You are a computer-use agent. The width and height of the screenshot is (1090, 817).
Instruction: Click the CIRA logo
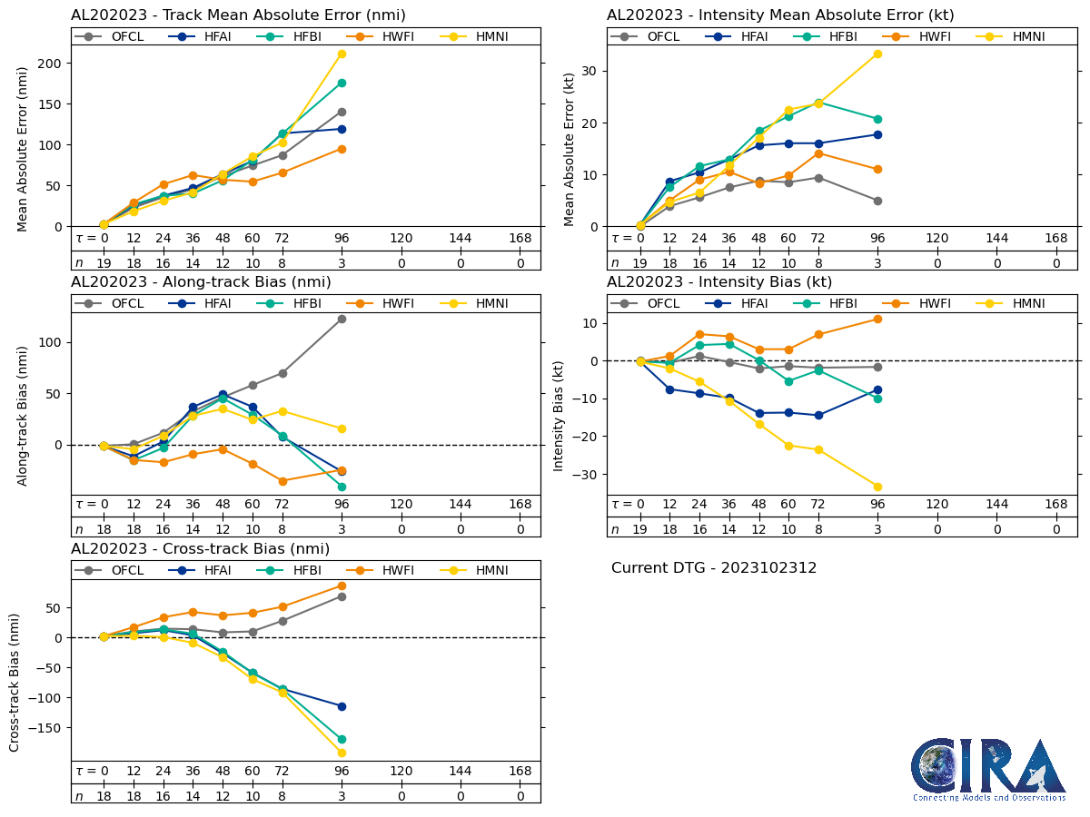click(x=988, y=770)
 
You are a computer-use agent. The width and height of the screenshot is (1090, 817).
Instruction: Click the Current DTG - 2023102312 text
click(x=714, y=568)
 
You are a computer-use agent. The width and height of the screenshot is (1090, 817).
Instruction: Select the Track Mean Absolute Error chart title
click(x=238, y=15)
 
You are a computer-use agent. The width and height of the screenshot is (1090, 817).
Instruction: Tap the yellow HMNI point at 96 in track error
click(x=342, y=54)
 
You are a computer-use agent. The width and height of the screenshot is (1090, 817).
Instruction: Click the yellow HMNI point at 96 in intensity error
click(x=877, y=54)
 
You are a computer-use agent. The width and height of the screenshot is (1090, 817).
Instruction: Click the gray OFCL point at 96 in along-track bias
click(x=342, y=319)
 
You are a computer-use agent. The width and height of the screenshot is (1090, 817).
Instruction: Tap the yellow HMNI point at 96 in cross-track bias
click(x=342, y=753)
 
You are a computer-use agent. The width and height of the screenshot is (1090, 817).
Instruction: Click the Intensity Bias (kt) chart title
click(x=719, y=282)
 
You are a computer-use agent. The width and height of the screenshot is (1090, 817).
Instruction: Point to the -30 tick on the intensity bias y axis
click(x=583, y=475)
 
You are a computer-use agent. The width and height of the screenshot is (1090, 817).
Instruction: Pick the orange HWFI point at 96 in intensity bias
click(x=877, y=319)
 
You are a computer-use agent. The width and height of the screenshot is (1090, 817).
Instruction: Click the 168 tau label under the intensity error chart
click(x=1055, y=238)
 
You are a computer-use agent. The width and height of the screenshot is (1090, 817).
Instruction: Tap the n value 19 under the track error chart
click(x=104, y=263)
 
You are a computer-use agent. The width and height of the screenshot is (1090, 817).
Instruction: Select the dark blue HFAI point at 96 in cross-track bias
click(x=342, y=706)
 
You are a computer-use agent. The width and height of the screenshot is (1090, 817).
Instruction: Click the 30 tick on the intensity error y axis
click(x=593, y=71)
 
